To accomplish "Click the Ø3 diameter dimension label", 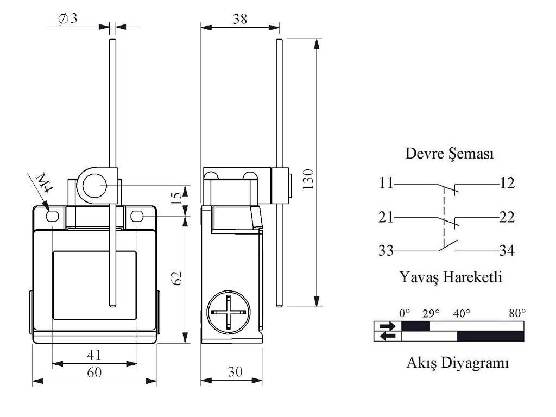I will coord(68,18).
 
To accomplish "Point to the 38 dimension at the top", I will coord(239,19).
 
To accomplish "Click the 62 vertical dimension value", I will coord(176,278).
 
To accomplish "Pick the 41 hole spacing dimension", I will coord(94,355).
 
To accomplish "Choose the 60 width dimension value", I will coord(94,373).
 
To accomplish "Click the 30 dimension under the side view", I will coord(235,372).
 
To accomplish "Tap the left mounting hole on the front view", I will coord(52,217).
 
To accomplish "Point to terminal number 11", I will coord(386,184).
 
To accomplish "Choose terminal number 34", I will coord(507,251).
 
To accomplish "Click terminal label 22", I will coord(507,218).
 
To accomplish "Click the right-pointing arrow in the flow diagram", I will coord(388,326).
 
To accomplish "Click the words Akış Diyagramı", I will coord(458,363).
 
